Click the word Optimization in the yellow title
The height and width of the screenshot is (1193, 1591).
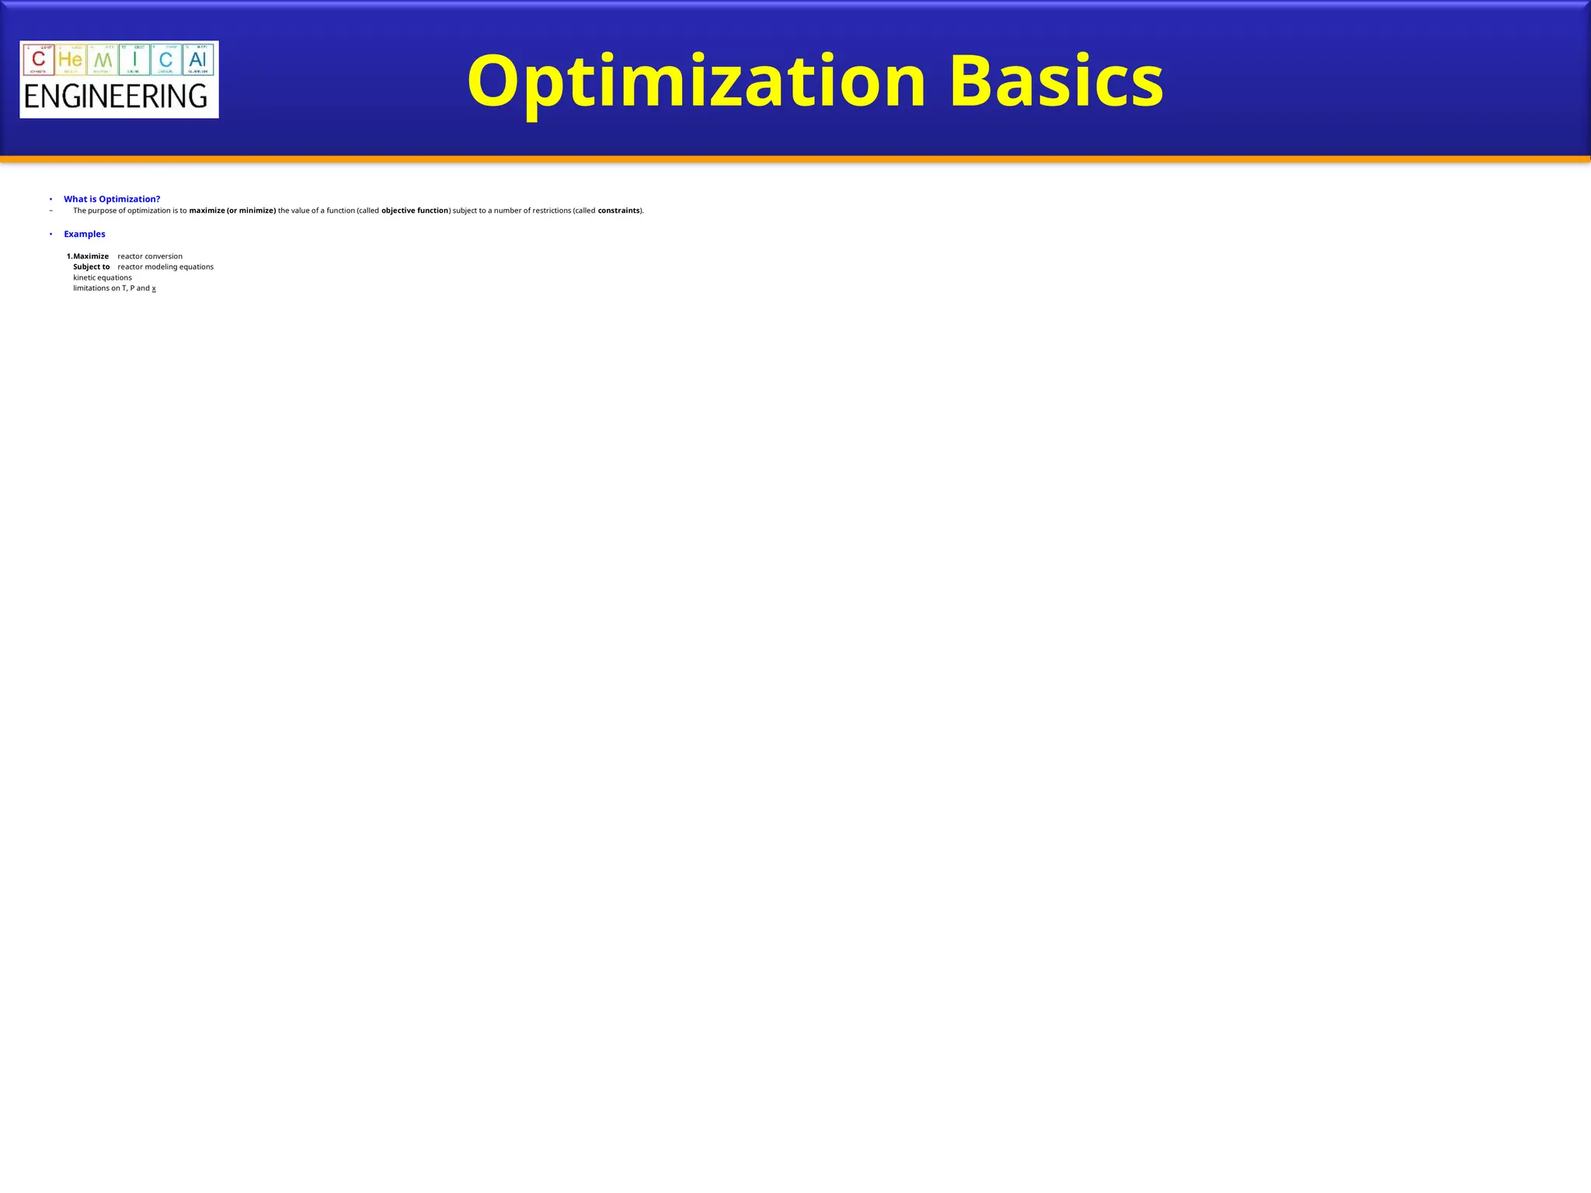click(x=696, y=82)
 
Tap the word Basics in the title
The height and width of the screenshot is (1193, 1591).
click(x=1056, y=82)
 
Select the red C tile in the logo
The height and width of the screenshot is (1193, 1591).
click(x=39, y=59)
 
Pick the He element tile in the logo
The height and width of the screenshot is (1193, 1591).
click(x=71, y=59)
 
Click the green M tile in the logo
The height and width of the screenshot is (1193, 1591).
click(x=103, y=59)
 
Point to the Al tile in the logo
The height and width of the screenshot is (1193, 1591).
click(x=198, y=59)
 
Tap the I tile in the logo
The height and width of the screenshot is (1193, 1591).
click(x=134, y=59)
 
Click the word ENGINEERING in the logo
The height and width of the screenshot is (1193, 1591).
click(x=116, y=97)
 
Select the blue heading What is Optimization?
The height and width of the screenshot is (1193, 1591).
click(x=112, y=200)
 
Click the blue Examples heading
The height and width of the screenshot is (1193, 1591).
click(x=85, y=235)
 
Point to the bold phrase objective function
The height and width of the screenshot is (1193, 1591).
click(x=415, y=211)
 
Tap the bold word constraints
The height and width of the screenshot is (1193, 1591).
click(x=619, y=211)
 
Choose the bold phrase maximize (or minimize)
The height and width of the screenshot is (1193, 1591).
click(x=232, y=211)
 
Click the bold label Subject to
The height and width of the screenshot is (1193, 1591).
click(x=92, y=267)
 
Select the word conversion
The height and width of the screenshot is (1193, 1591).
click(x=163, y=256)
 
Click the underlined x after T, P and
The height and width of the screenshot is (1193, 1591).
click(x=154, y=288)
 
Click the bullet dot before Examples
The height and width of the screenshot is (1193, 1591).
click(x=50, y=235)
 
